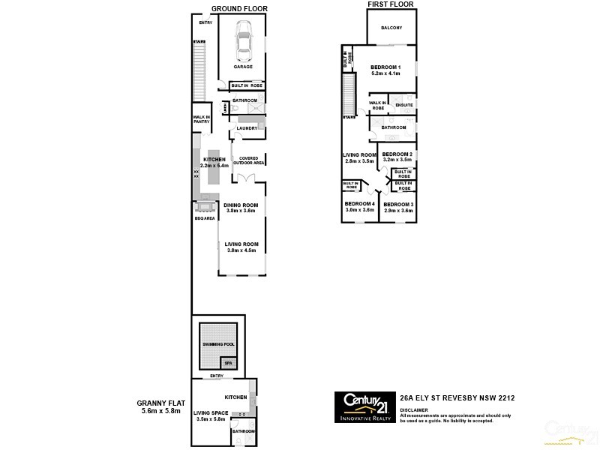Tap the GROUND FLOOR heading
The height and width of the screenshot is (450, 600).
tap(239, 9)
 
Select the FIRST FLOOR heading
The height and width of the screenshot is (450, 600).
tap(390, 4)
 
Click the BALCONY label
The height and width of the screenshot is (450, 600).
tap(391, 28)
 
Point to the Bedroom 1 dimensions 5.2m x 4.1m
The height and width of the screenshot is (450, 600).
tap(385, 74)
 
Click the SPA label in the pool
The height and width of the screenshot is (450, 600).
tap(230, 363)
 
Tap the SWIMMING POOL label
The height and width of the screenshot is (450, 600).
tap(218, 343)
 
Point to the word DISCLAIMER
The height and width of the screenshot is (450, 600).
tap(414, 410)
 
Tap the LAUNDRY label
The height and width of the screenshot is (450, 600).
tap(247, 128)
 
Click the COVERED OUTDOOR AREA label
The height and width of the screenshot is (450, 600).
tap(248, 160)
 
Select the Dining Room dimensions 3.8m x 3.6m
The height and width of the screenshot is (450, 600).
tap(241, 211)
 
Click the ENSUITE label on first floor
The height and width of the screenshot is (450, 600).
tap(404, 106)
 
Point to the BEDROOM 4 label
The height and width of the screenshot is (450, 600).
tap(359, 204)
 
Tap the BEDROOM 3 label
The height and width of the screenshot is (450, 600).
tap(398, 204)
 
